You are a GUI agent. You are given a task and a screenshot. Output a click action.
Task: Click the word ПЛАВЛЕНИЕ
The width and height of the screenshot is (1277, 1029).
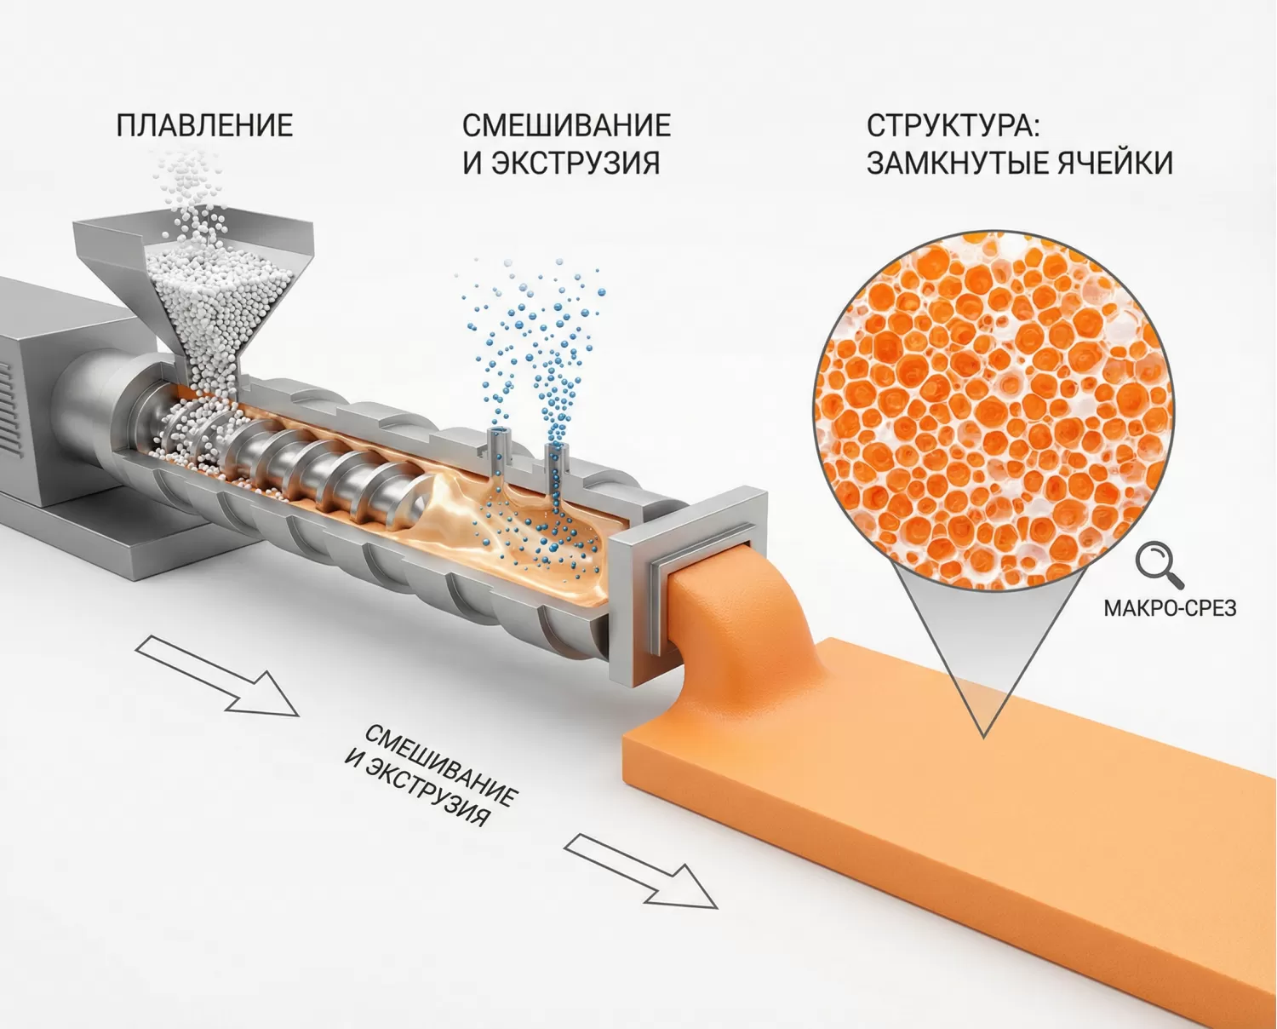(x=204, y=126)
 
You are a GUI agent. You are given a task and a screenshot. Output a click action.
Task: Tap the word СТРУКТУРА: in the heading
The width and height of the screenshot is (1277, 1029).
(x=953, y=126)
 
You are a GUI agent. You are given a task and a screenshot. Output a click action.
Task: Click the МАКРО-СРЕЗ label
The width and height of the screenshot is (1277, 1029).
(x=1169, y=608)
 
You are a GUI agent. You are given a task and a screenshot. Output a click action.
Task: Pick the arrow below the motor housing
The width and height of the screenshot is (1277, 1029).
(x=217, y=675)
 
